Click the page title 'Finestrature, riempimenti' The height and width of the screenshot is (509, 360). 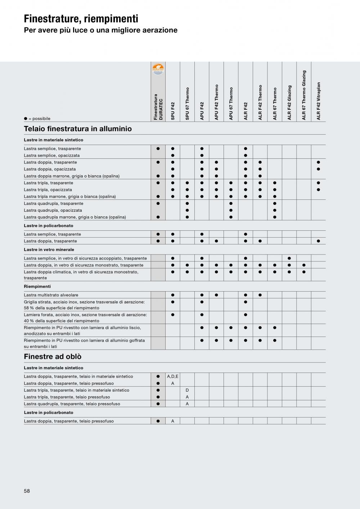81,19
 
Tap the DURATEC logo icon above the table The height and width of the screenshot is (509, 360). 158,68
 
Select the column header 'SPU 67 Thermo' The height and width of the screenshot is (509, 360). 187,103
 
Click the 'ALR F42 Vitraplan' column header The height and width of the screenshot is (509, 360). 318,101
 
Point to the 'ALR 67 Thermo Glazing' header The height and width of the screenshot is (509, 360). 304,95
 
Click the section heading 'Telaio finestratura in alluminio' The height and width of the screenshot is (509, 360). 78,129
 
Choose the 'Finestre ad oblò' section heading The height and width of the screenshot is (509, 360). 53,357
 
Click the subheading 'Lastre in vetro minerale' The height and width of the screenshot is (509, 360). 49,249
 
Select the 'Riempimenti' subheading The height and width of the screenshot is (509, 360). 37,287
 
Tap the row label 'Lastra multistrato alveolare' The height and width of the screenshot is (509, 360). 51,295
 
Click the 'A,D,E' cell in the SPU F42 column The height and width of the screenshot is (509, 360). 173,377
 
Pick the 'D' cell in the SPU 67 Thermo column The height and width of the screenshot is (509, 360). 187,390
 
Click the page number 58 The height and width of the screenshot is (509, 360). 27,491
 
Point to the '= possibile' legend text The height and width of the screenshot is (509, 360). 39,119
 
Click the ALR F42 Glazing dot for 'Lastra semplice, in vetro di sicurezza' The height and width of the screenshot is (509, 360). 289,258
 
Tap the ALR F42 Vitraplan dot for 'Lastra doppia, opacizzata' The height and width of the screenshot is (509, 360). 318,169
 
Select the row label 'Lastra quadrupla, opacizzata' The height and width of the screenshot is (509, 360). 53,210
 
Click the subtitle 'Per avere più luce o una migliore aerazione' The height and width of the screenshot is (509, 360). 100,30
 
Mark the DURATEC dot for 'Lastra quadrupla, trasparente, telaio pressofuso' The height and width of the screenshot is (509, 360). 158,404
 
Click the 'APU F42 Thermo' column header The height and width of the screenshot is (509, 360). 216,102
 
